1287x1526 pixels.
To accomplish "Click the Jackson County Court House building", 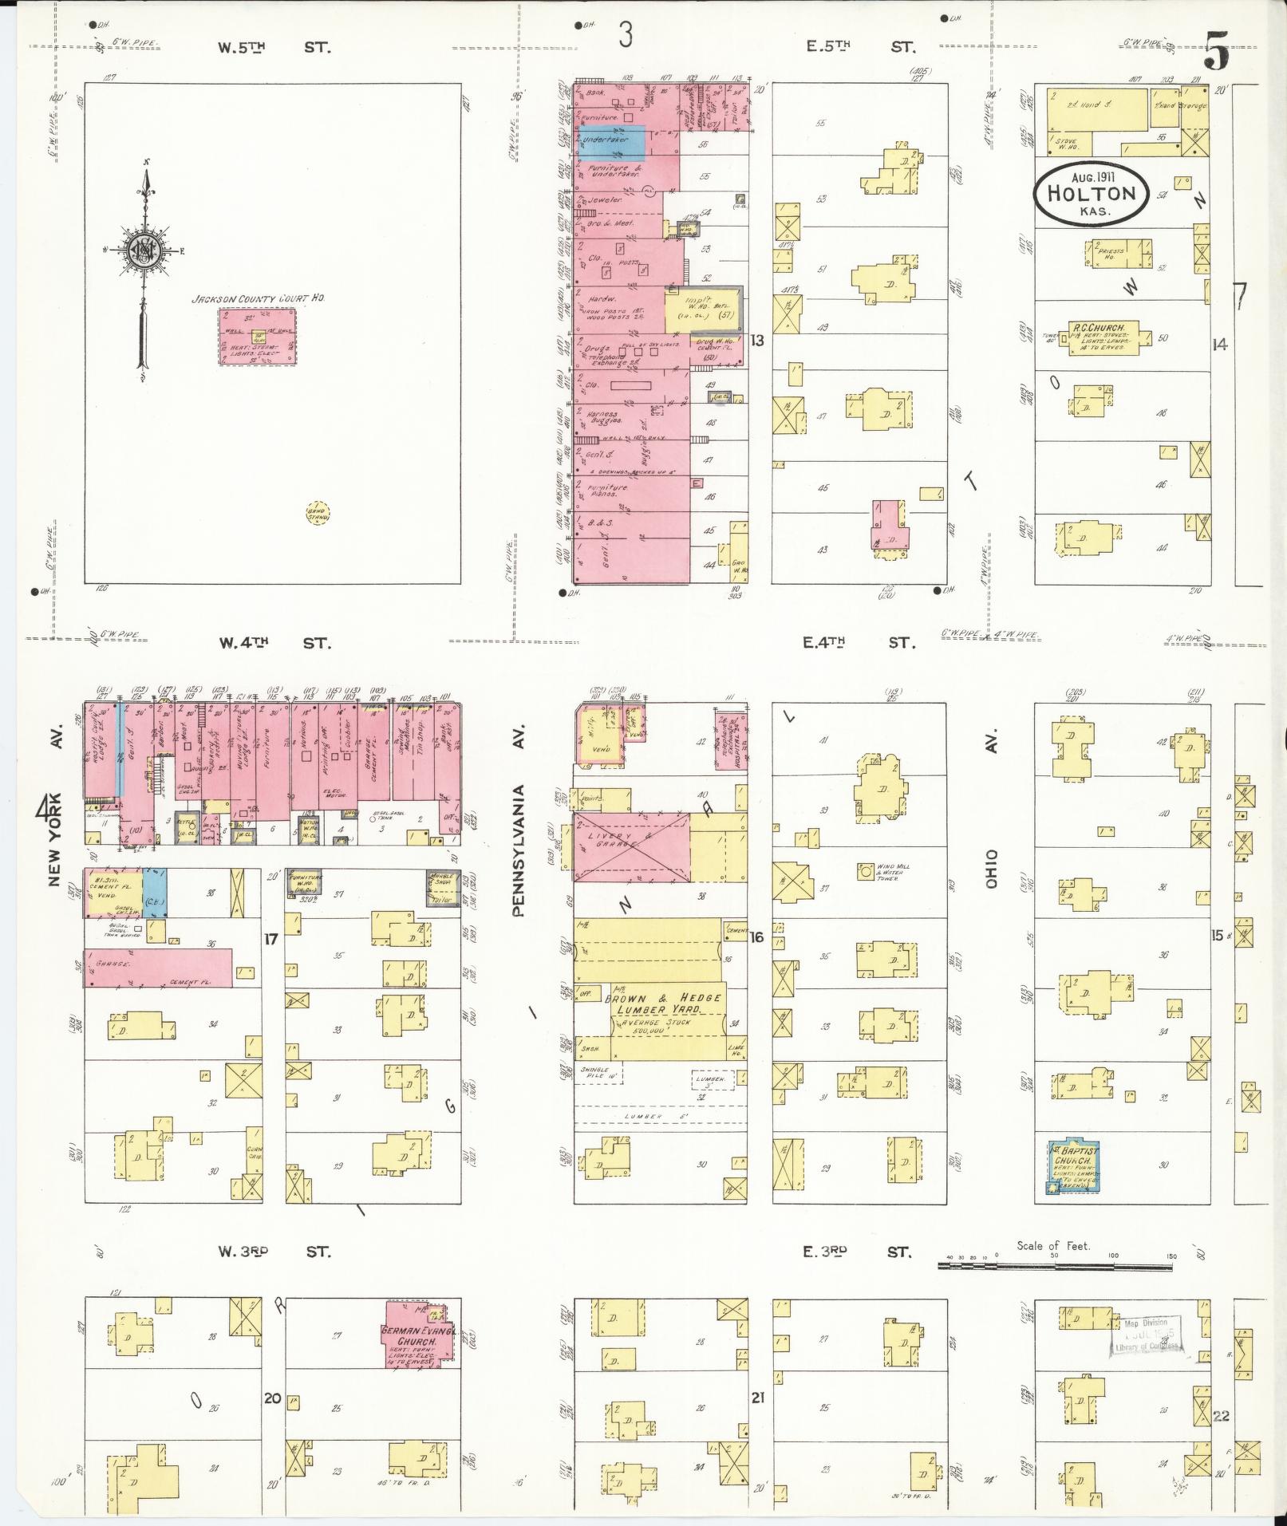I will point(256,337).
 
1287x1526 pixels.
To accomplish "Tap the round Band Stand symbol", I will point(318,512).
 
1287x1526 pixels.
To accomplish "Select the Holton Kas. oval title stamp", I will point(1090,194).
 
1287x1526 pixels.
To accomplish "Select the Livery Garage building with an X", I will point(631,847).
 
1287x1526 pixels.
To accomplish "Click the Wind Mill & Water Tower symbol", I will point(865,871).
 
